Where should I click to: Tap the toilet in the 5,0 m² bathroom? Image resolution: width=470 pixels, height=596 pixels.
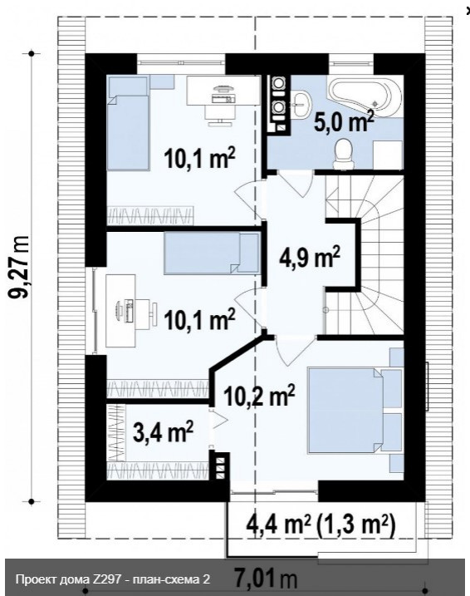(344, 153)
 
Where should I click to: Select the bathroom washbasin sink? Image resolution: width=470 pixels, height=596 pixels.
(302, 102)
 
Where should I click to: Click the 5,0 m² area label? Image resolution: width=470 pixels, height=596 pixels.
(344, 121)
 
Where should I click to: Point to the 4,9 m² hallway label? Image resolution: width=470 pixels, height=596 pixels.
(310, 259)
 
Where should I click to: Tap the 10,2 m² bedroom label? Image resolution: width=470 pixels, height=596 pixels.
(259, 396)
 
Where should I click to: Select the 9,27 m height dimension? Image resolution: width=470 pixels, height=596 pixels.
(19, 267)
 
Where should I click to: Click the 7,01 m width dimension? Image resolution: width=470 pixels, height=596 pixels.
(266, 579)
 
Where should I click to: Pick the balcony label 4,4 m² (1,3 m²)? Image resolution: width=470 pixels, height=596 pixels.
(321, 525)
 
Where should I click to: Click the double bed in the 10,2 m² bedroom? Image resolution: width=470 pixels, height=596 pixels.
(355, 410)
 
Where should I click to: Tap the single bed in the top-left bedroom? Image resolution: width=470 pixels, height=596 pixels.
(128, 123)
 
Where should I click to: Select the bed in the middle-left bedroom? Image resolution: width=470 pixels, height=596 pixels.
(212, 254)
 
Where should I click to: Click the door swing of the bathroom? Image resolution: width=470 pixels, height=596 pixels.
(296, 184)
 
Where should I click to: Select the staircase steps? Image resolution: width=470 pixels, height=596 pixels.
(365, 255)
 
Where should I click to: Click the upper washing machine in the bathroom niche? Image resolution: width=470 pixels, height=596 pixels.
(279, 83)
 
